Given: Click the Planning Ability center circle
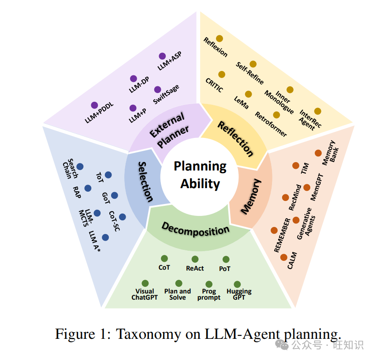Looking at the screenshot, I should [200, 174].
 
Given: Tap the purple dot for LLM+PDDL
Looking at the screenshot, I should [94, 105].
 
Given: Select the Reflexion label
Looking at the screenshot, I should [216, 47].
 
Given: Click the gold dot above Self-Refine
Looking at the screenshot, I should [253, 64].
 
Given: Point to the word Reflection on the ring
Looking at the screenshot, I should [236, 138].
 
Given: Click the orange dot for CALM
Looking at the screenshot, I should [283, 257].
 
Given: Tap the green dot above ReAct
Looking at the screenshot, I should [195, 259].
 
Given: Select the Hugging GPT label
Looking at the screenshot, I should [239, 294].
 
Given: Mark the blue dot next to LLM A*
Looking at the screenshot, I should [105, 237].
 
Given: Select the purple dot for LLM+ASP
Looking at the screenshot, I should [162, 56].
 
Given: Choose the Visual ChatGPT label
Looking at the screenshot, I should [144, 294].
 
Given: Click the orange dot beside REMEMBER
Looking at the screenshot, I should [274, 230].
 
